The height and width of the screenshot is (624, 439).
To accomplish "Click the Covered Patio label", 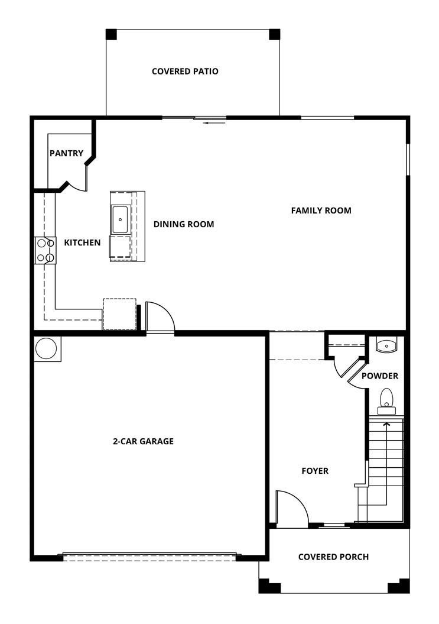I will (x=185, y=72).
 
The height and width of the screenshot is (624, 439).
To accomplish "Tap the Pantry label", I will (x=66, y=153).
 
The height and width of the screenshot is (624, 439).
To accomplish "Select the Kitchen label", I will (x=82, y=243).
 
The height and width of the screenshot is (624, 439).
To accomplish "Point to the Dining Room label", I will (x=184, y=224).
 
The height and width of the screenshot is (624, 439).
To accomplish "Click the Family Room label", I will (x=321, y=210).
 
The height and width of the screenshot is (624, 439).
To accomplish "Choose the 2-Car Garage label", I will (x=143, y=441).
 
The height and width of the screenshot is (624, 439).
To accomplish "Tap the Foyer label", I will (x=315, y=471).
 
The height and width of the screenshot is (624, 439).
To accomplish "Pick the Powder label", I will (x=380, y=376).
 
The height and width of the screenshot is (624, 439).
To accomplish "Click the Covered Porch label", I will (x=333, y=557).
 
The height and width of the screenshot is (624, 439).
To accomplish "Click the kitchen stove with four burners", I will (x=45, y=250).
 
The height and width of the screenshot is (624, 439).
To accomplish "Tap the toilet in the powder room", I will (x=386, y=399).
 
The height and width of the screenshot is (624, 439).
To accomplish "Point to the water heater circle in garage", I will (x=47, y=348).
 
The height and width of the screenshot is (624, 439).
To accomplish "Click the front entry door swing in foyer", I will (x=292, y=508).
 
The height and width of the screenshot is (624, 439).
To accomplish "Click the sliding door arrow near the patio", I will (x=210, y=123).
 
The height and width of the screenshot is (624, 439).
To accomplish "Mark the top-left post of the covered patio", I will (x=111, y=34).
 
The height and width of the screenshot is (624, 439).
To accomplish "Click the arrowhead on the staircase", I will (x=386, y=423).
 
